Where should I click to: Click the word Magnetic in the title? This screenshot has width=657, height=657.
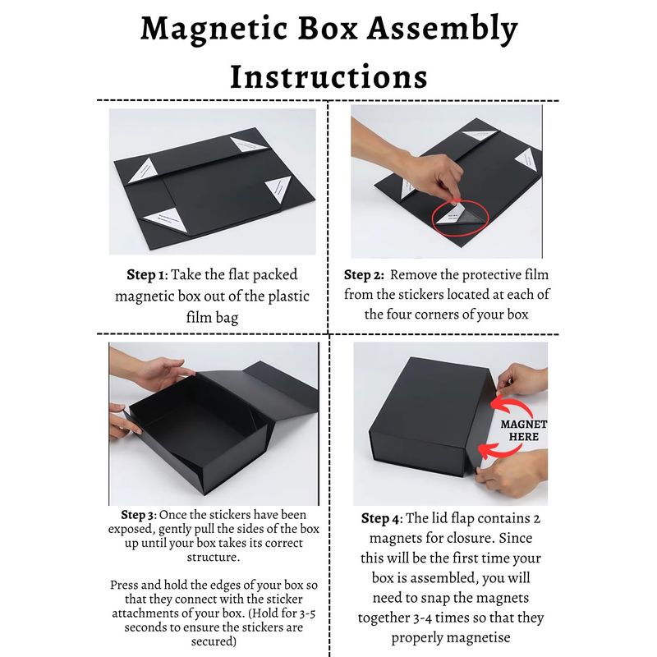214,30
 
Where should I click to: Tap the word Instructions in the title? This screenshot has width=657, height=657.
329,77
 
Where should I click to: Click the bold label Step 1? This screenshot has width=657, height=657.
145,275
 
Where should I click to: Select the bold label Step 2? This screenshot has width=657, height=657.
364,275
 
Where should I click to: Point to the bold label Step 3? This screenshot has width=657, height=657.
137,515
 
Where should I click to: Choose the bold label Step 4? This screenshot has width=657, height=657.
380,519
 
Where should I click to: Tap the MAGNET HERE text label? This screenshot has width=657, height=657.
524,430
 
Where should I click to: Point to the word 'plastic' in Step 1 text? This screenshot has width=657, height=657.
289,296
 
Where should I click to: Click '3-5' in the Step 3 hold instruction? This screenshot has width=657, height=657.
306,613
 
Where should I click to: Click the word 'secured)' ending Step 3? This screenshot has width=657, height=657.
214,641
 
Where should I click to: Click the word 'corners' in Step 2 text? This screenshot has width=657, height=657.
439,315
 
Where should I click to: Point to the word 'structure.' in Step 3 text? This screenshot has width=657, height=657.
214,557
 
